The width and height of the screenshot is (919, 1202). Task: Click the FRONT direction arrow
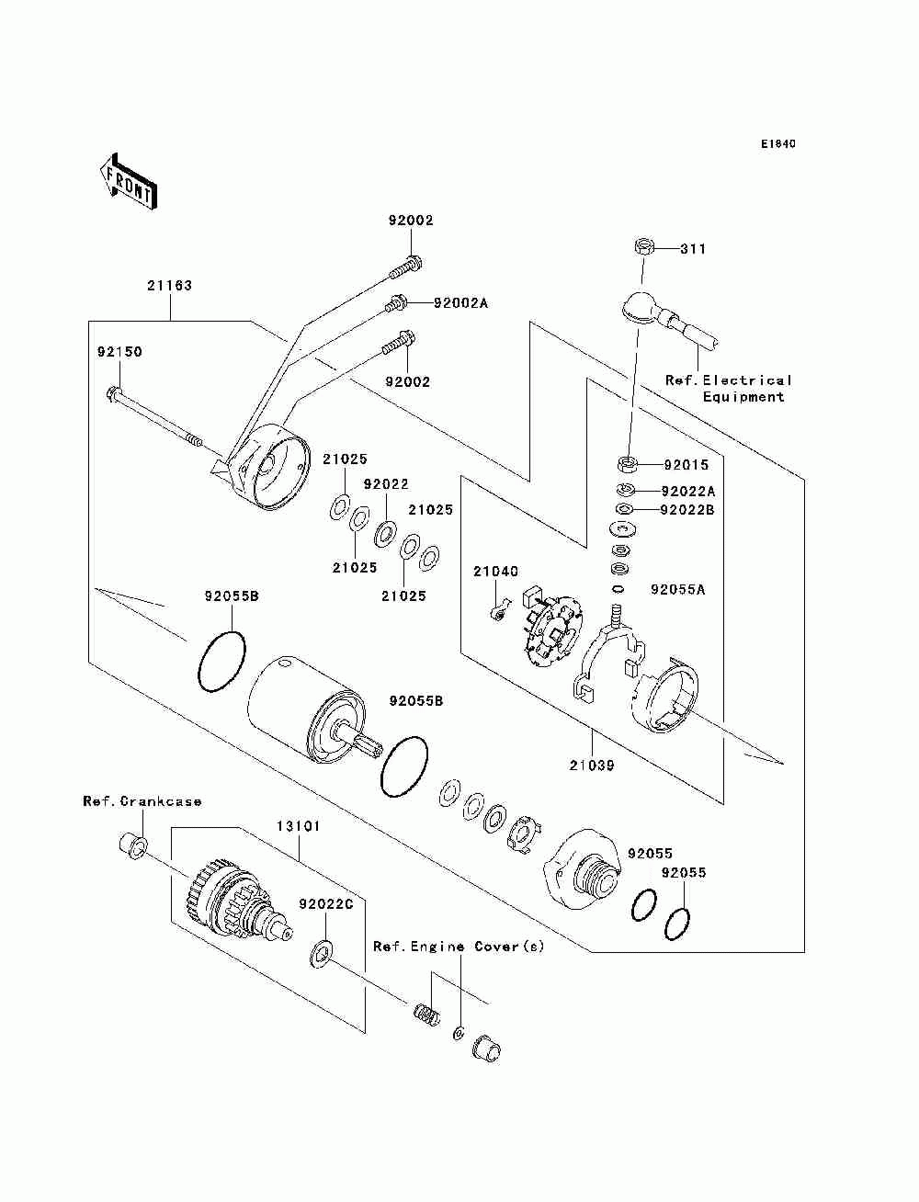(128, 181)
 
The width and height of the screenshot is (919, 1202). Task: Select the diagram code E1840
(777, 144)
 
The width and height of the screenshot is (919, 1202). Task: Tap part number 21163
(169, 285)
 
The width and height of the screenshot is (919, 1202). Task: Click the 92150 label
(119, 352)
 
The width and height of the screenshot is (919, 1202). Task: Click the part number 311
(693, 249)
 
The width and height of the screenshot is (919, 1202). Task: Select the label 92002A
(460, 303)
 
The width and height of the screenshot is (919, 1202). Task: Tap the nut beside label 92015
(627, 464)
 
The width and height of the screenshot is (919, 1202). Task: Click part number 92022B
(687, 510)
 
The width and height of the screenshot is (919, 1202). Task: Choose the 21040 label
(495, 572)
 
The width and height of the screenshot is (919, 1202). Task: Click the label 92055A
(678, 589)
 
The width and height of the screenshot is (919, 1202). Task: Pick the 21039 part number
(592, 765)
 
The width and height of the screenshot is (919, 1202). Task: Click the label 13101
(298, 826)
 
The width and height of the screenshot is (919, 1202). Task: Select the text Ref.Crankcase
(142, 801)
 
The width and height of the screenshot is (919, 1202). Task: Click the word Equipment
(743, 396)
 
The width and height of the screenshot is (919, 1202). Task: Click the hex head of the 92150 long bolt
(112, 393)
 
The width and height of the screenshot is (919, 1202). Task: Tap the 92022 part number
(386, 484)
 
